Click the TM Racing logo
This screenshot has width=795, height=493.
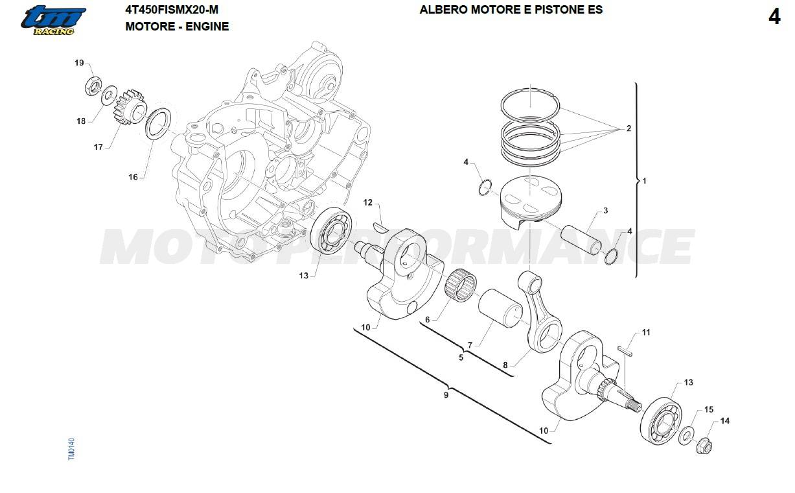point(53,21)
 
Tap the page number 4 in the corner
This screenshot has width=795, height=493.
point(774,17)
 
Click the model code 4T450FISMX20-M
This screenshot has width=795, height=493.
point(172,10)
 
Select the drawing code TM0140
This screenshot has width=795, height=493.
point(71,449)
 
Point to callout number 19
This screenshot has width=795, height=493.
point(79,63)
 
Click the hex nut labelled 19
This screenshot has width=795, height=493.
point(93,86)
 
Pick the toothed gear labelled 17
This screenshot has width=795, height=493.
point(130,107)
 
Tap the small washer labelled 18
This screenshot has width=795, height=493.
point(109,95)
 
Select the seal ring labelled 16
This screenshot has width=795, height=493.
point(158,124)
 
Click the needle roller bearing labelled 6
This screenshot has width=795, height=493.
point(461,285)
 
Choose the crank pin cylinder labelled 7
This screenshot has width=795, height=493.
point(500,308)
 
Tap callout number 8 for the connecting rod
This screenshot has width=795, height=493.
point(505,365)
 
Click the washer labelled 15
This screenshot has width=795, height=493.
point(686,435)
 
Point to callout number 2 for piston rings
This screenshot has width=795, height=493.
point(628,128)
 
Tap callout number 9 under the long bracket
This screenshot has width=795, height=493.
point(446,395)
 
